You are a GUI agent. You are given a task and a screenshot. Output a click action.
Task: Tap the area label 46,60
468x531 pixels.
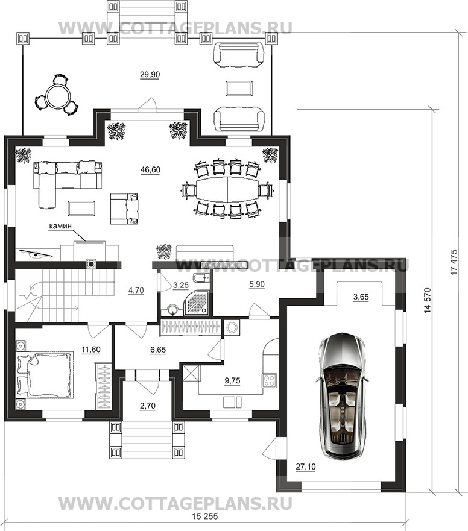click(150, 169)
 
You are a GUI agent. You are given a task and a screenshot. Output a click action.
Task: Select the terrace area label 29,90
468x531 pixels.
click(150, 75)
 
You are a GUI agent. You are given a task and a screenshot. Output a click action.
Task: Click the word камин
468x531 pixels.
click(60, 226)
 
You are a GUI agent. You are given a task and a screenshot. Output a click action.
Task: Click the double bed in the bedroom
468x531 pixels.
click(45, 374)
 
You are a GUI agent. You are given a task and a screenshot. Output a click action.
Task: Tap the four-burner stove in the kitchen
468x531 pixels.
click(269, 380)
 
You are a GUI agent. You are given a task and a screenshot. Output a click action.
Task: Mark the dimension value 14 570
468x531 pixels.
click(428, 300)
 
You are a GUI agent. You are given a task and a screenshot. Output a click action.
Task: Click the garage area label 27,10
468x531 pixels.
click(306, 467)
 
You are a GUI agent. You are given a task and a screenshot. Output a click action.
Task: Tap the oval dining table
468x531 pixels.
click(227, 189)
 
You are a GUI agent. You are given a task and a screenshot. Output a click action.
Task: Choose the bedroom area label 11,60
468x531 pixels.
click(91, 350)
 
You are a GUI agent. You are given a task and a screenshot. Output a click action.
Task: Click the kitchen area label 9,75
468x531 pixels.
click(232, 381)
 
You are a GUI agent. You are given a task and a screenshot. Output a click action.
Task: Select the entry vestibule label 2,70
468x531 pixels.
click(147, 406)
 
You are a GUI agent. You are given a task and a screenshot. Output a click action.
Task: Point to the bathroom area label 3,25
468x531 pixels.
click(180, 286)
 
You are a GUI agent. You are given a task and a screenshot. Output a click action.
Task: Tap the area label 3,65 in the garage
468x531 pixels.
click(361, 297)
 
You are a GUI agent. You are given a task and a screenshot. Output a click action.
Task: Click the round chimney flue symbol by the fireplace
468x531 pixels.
click(92, 263)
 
